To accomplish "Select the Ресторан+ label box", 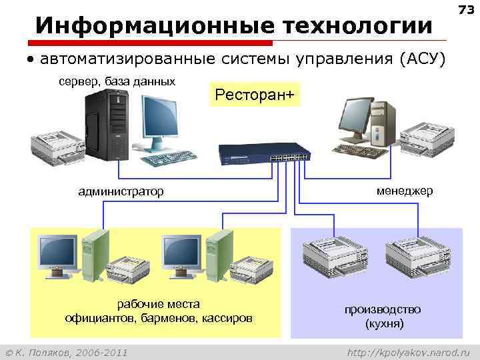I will [254, 95].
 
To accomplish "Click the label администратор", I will [121, 192].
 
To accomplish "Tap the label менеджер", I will [404, 191].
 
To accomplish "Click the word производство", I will [383, 310].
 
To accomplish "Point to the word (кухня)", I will [383, 324].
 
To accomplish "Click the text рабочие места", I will [158, 304].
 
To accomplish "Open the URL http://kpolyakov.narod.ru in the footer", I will [409, 351].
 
